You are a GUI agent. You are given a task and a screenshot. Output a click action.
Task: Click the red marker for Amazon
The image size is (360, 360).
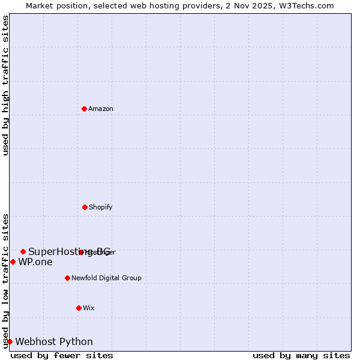[84, 109]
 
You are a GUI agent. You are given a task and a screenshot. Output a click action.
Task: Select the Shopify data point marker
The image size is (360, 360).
[85, 207]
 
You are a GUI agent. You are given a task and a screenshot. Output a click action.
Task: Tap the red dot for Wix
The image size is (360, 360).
[79, 308]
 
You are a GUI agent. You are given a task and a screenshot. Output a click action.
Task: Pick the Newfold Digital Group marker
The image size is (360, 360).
[67, 278]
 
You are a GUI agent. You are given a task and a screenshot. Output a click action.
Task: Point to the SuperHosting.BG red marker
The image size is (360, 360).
[23, 251]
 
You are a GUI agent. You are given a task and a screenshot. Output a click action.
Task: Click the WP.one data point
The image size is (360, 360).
[13, 262]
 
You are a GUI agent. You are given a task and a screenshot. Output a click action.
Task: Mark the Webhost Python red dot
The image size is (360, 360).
[10, 341]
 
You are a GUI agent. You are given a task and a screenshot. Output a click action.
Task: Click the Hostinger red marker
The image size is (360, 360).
[82, 252]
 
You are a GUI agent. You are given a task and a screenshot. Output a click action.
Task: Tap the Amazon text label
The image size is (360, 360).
[101, 109]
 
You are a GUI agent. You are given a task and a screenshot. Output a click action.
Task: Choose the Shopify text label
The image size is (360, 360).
[101, 207]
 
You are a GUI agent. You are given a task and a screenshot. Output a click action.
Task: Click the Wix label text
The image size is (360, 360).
[89, 308]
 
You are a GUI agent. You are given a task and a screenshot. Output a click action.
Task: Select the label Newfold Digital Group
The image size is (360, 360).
[107, 278]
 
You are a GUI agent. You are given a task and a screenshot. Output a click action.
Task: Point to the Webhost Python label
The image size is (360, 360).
[54, 341]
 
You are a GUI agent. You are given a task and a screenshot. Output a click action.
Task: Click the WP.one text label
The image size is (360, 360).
[35, 262]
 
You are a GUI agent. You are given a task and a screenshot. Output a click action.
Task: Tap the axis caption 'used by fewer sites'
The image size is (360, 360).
[62, 355]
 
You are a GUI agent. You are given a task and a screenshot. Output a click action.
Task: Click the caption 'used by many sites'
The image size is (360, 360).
[301, 355]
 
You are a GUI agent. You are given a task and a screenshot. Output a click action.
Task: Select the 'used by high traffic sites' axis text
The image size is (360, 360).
[5, 85]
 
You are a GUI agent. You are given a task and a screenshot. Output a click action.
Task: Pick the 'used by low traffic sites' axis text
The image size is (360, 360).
[5, 280]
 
